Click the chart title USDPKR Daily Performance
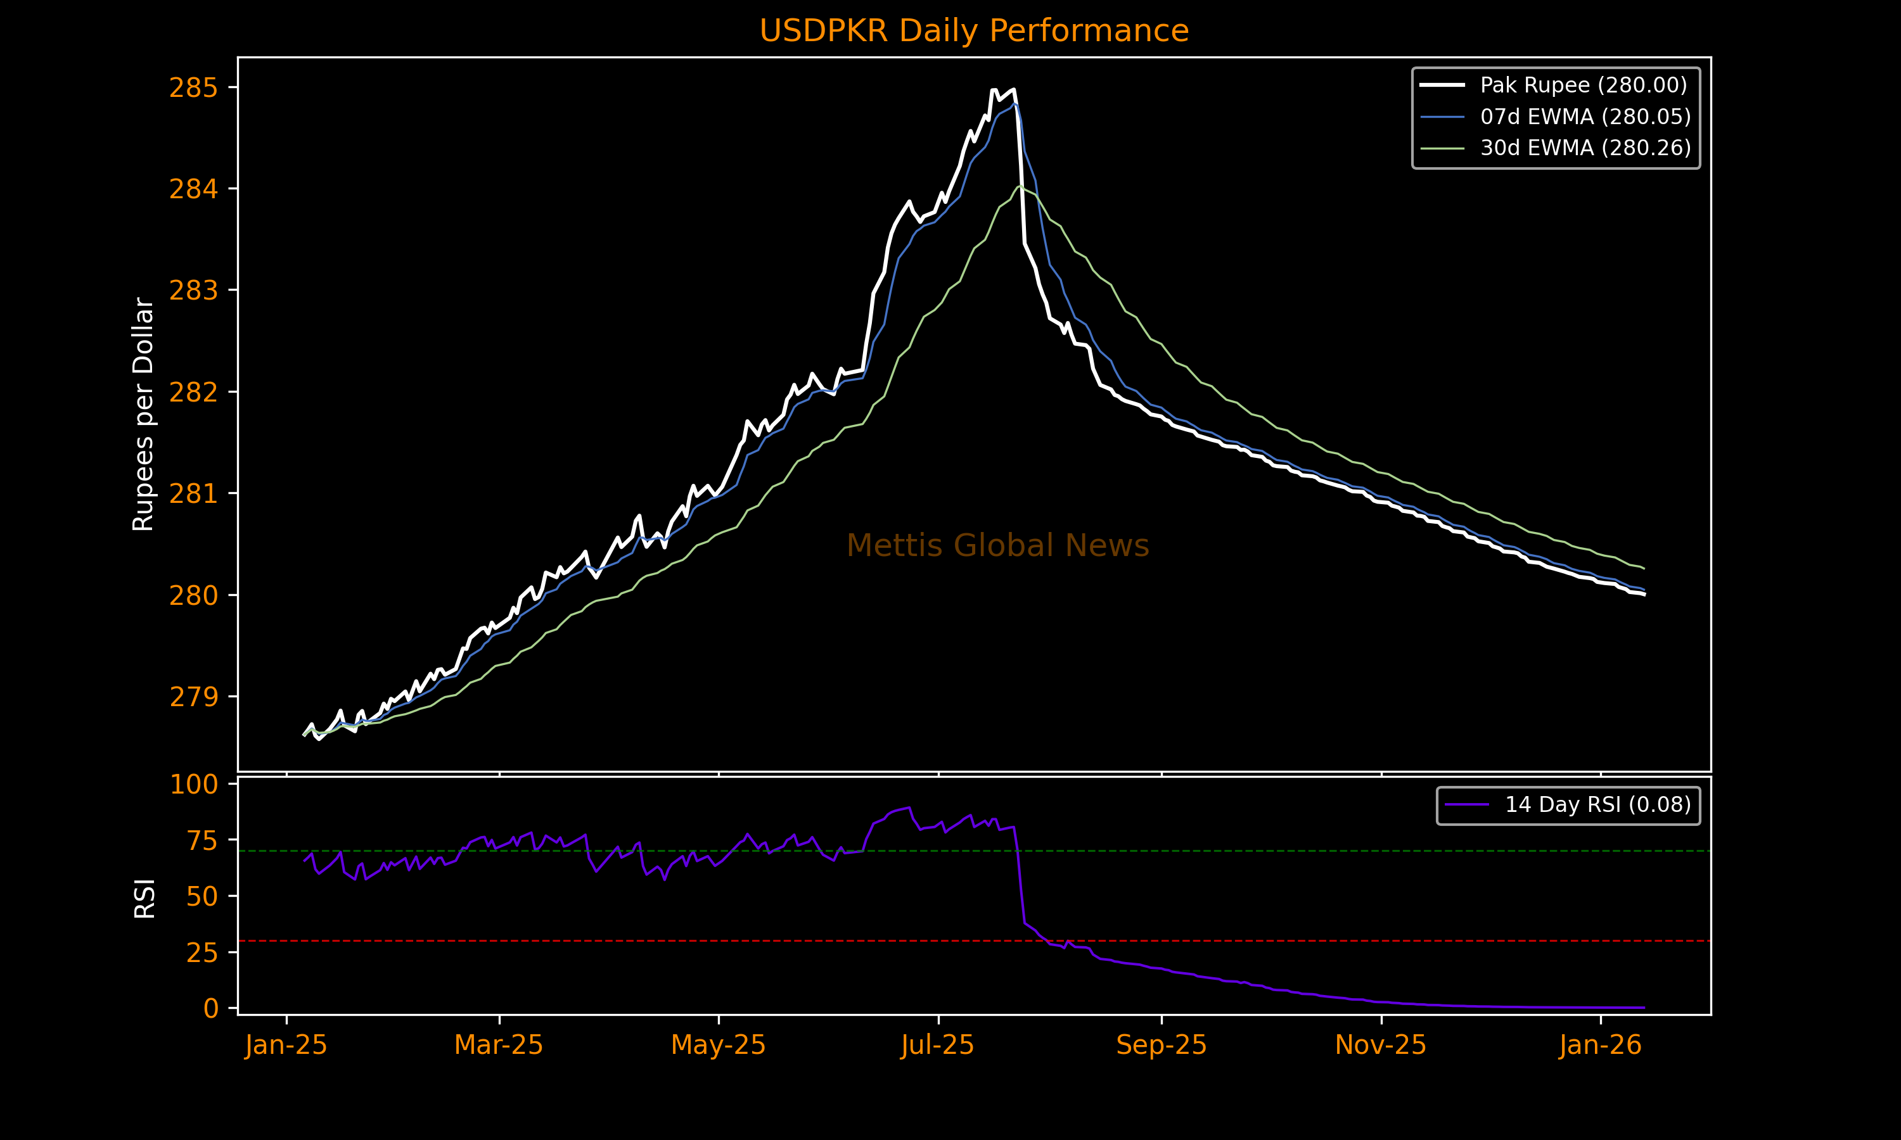point(973,31)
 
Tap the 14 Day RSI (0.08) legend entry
point(1597,804)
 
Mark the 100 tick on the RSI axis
point(194,784)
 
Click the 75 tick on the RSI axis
point(202,840)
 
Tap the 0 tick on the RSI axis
point(210,1008)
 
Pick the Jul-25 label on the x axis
point(937,1045)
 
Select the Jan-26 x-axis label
point(1601,1045)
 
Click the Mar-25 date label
point(499,1045)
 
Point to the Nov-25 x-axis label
point(1381,1045)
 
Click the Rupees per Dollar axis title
point(144,414)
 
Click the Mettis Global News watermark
point(997,545)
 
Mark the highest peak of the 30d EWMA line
point(1020,186)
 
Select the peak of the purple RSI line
point(910,807)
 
